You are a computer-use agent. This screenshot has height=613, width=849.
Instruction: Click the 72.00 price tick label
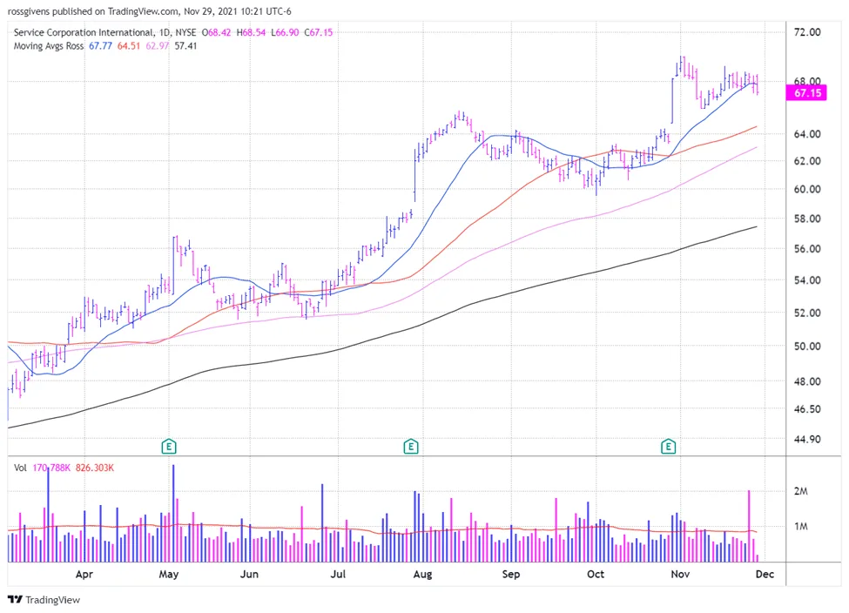[806, 32]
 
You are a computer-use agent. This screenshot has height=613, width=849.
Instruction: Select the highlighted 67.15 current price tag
[806, 93]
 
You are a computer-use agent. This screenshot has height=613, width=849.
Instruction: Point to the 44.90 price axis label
[806, 439]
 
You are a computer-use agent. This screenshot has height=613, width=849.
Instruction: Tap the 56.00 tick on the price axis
[806, 249]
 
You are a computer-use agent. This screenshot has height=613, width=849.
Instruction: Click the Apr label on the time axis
[84, 574]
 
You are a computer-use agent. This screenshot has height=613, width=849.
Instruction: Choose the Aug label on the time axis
[422, 574]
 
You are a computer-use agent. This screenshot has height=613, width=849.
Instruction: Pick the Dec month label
[765, 574]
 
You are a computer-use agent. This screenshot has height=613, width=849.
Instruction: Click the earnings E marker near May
[169, 447]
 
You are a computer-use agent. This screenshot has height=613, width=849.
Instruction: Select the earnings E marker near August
[411, 447]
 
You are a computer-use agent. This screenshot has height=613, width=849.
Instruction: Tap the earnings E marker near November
[668, 447]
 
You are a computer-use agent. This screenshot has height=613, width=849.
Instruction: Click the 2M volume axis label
[801, 491]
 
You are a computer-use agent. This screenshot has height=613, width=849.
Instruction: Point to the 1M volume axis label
[801, 526]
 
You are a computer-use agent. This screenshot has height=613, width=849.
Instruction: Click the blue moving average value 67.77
[100, 46]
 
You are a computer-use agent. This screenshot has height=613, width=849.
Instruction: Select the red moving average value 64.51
[129, 46]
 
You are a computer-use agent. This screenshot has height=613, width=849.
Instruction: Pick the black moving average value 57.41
[185, 46]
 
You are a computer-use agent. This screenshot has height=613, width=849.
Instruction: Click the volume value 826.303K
[95, 468]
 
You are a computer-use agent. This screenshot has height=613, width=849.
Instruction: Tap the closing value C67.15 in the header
[319, 32]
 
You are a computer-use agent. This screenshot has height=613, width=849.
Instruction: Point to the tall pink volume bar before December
[749, 526]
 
